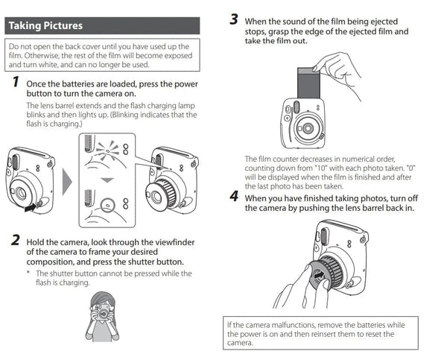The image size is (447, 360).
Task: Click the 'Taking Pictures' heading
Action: coord(45,26)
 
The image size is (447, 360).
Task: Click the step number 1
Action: coord(14,83)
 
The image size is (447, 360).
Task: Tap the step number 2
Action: coord(14,241)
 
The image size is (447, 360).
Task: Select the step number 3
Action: coord(234,18)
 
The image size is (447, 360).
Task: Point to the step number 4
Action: coord(234,198)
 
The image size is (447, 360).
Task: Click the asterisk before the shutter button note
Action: coord(29,274)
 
